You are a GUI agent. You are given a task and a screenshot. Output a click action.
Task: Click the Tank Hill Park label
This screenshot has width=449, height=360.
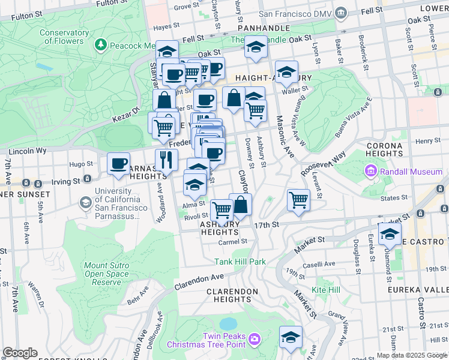pyautogui.click(x=240, y=262)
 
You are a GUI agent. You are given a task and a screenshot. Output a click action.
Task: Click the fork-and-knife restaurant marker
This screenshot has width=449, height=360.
pyautogui.click(x=166, y=160)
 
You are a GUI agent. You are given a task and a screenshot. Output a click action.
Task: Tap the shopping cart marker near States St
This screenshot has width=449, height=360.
pyautogui.click(x=298, y=200)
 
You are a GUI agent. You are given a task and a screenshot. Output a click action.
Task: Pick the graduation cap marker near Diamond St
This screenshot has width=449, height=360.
pyautogui.click(x=390, y=235)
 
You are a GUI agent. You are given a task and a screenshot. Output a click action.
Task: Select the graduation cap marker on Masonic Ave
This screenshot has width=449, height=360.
pyautogui.click(x=287, y=73)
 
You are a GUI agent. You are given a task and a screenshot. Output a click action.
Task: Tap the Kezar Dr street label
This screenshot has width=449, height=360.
pyautogui.click(x=127, y=112)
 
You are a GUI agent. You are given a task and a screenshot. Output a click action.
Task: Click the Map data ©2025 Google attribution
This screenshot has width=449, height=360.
pyautogui.click(x=412, y=355)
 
